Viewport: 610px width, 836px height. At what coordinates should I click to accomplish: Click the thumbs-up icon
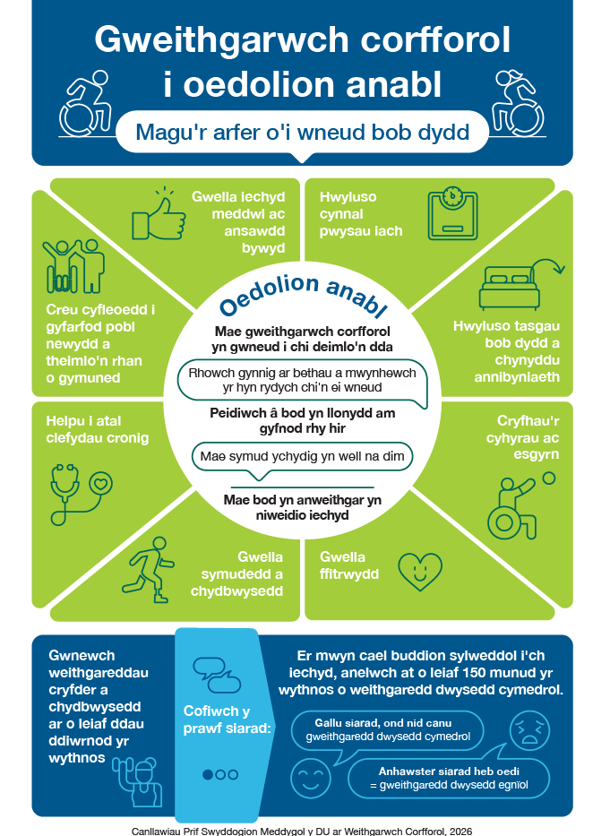tap(159, 215)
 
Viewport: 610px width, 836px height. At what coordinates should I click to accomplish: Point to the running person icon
tap(149, 570)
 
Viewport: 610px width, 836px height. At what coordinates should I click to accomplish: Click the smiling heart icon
tap(420, 572)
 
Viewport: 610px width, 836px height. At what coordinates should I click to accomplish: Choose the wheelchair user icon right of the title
tap(517, 103)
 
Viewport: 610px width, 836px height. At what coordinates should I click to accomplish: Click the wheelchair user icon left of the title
tap(86, 103)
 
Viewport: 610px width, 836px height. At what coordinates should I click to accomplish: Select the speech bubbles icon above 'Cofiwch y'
tap(217, 676)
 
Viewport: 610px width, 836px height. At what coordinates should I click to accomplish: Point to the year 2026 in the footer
tap(460, 831)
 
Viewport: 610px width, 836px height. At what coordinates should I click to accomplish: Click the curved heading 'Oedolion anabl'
tap(303, 295)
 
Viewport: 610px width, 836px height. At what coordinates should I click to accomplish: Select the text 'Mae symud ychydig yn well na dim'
tap(303, 456)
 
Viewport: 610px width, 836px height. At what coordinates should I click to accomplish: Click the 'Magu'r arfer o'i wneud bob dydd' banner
tap(303, 132)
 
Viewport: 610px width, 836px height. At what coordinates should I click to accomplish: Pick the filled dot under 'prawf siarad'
tap(208, 774)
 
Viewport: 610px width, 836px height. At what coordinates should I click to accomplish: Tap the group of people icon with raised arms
tap(73, 266)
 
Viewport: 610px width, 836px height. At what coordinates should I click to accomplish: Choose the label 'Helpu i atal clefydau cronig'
tap(98, 429)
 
